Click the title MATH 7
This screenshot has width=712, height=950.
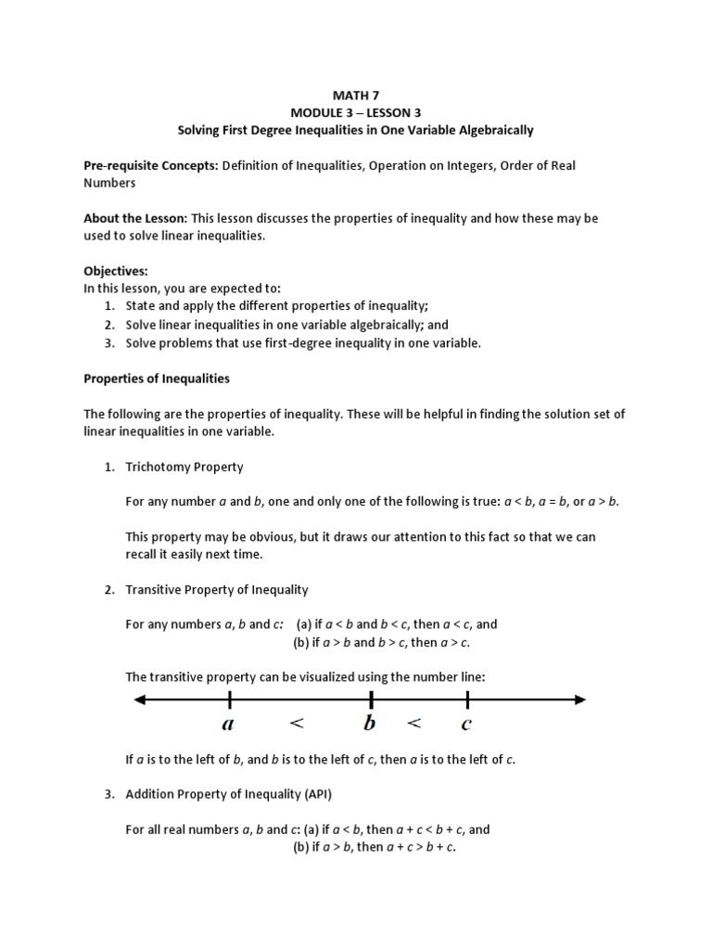[x=356, y=95]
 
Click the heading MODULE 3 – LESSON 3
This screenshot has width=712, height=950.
[x=356, y=112]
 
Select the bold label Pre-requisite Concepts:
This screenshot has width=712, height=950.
[x=150, y=165]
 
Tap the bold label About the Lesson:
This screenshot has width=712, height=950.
[x=135, y=218]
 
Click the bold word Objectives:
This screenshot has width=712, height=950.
[x=116, y=271]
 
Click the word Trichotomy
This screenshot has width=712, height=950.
[x=156, y=467]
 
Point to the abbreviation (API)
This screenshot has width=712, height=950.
[x=322, y=794]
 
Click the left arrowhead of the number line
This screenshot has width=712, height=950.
[x=141, y=699]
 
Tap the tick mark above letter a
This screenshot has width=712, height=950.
[x=229, y=699]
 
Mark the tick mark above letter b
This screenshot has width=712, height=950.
[x=372, y=699]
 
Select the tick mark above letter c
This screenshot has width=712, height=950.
[x=467, y=699]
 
